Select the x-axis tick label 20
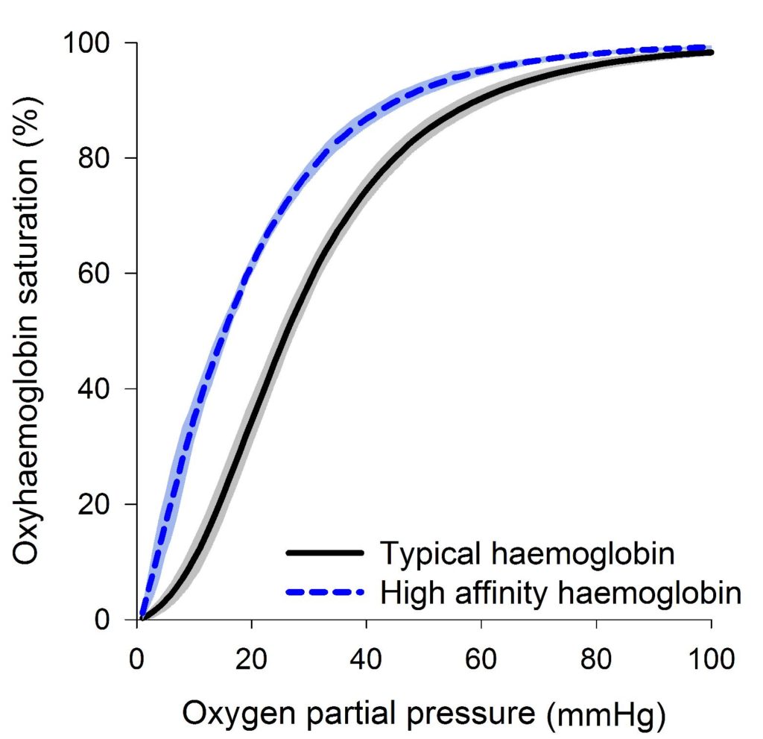click(x=253, y=660)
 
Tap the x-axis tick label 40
click(x=367, y=660)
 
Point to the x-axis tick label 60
click(x=482, y=660)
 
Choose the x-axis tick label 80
click(x=597, y=660)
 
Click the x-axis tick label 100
click(x=712, y=660)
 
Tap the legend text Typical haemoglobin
click(x=528, y=554)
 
